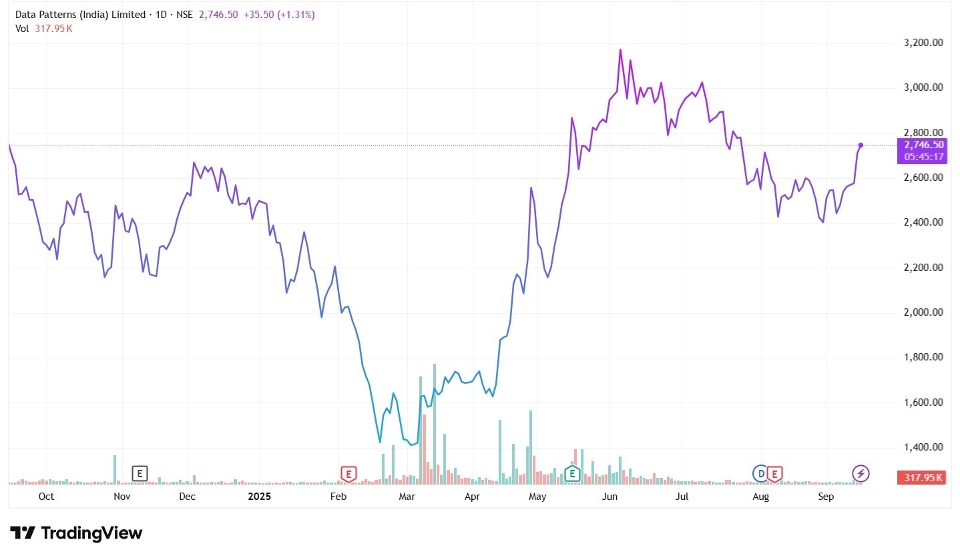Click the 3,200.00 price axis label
923,43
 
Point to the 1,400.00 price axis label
923,447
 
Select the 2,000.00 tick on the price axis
923,312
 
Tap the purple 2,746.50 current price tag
924,145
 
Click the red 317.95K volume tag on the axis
924,477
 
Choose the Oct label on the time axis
46,497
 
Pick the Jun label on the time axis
610,497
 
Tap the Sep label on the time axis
826,497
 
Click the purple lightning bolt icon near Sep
861,474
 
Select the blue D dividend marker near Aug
760,474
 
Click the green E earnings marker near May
571,474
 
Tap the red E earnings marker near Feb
348,474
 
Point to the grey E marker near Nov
140,474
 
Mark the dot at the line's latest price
861,145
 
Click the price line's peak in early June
620,49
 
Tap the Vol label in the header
22,28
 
